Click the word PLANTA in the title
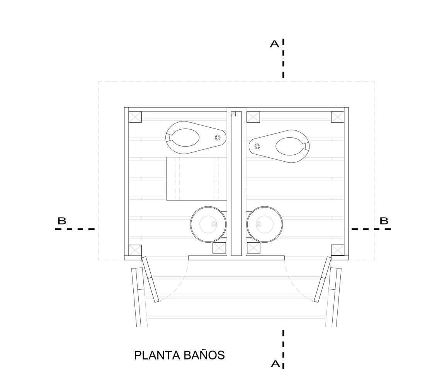(157, 355)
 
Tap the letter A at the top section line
(275, 44)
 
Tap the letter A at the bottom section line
(275, 364)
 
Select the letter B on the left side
(62, 221)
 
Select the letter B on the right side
(384, 221)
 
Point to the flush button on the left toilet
(218, 137)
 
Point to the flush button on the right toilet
(257, 146)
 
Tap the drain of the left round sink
(214, 224)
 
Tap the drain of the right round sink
(258, 224)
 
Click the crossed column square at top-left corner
(135, 117)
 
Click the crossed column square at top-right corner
(338, 117)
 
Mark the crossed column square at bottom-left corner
(135, 250)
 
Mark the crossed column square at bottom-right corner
(338, 250)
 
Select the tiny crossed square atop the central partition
(233, 114)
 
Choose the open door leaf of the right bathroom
(323, 279)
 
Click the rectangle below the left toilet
(197, 179)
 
